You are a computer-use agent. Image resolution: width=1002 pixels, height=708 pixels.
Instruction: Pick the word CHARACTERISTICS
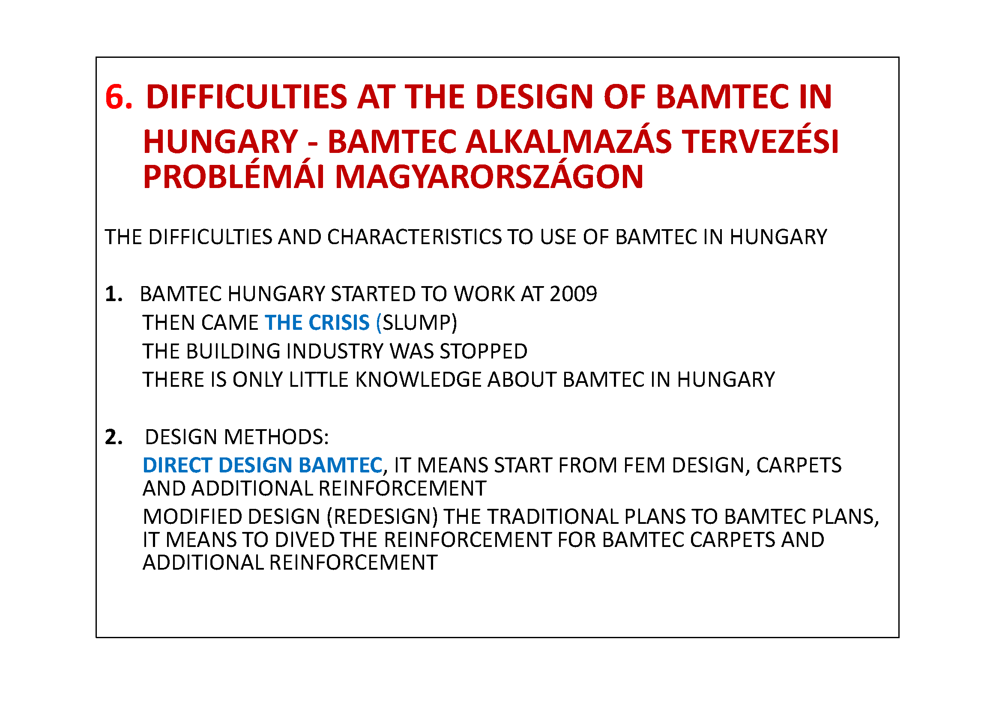414,237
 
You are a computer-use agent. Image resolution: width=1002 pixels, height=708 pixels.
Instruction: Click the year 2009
574,294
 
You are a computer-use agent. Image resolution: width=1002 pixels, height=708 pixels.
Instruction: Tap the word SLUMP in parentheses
417,323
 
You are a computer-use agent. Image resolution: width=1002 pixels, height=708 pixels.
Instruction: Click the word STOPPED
484,352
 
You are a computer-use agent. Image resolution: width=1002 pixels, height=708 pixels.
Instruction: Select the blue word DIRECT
178,466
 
